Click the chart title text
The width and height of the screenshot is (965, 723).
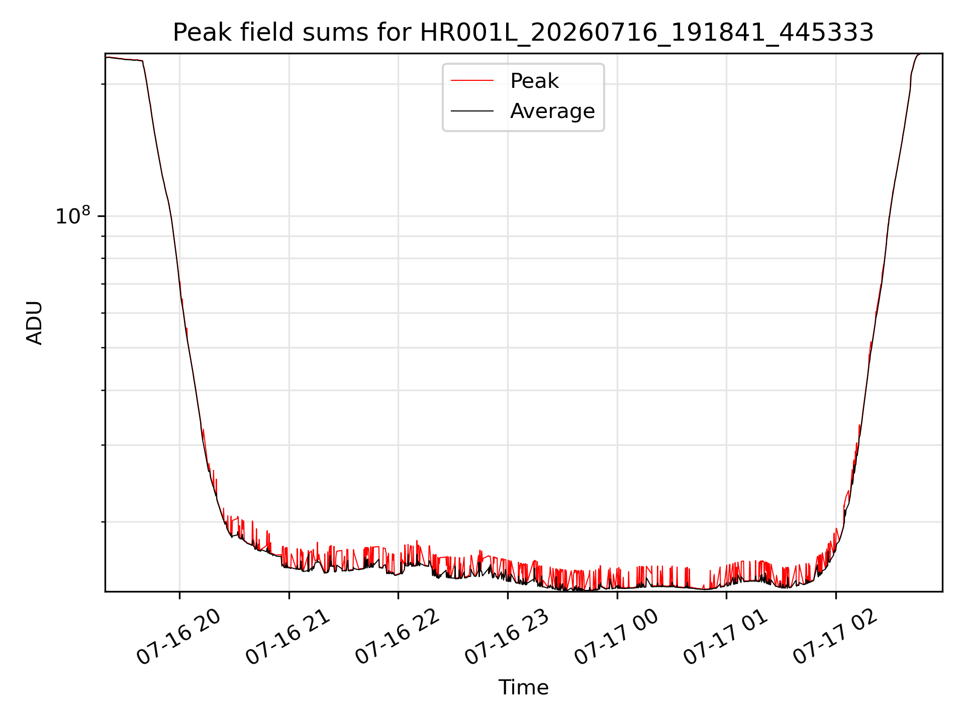523,33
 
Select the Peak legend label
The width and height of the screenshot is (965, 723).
534,81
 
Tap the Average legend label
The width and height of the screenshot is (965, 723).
552,111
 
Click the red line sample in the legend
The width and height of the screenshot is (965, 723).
472,81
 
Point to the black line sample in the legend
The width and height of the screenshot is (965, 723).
472,111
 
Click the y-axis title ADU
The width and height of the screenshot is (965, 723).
35,322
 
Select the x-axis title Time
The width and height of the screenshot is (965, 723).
523,687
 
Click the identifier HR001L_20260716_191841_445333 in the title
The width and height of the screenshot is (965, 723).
647,33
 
